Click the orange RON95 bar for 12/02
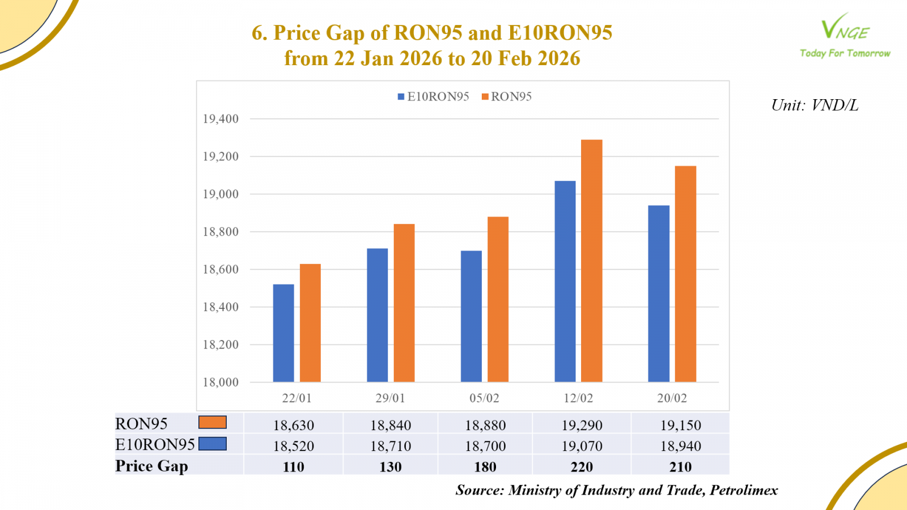(x=592, y=261)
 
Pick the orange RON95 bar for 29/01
(x=404, y=303)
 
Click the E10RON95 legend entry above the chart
(x=434, y=97)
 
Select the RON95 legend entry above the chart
(x=507, y=97)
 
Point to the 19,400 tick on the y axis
(x=221, y=119)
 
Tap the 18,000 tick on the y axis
(x=221, y=382)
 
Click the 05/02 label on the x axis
(x=484, y=398)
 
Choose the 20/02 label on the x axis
(x=672, y=398)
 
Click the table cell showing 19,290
(x=582, y=425)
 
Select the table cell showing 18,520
(x=294, y=446)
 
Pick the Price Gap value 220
(x=582, y=467)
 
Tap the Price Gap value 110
(x=294, y=467)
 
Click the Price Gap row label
(x=151, y=466)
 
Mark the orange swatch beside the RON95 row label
(x=213, y=423)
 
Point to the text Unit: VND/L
(x=815, y=105)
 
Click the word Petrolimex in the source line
(x=744, y=490)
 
